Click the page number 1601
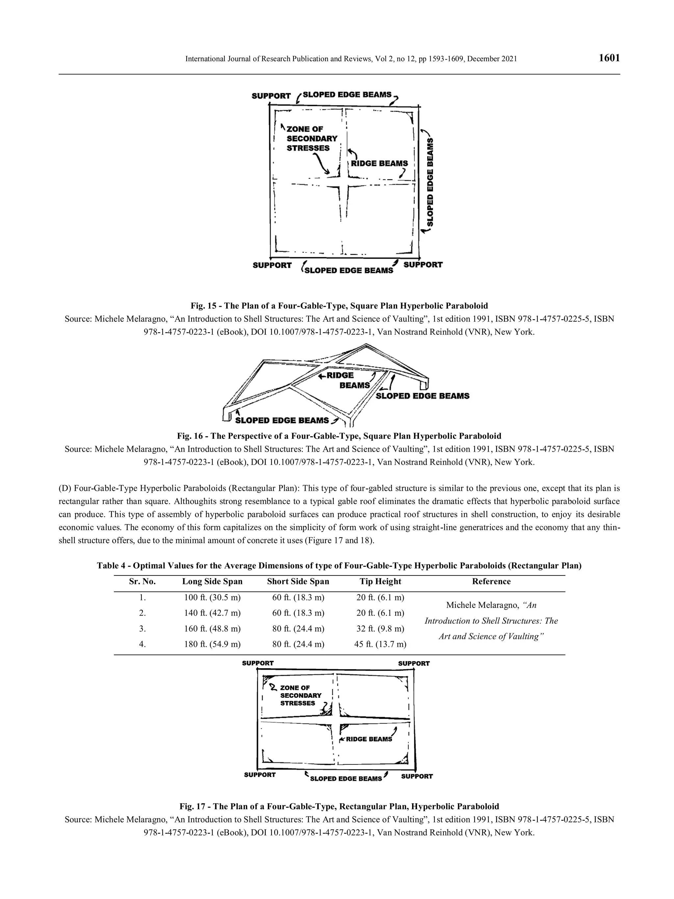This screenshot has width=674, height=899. click(x=609, y=58)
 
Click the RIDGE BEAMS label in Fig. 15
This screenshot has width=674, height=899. click(x=379, y=163)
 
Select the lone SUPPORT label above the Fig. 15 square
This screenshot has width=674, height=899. click(x=271, y=96)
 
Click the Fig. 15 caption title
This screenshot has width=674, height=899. click(x=339, y=305)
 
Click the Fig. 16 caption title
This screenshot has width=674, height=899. click(x=339, y=436)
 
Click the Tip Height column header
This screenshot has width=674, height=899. click(x=380, y=582)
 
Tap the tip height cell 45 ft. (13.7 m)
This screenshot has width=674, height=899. click(x=380, y=644)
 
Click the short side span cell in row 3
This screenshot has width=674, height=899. click(x=298, y=629)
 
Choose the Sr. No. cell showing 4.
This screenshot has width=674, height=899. click(x=142, y=644)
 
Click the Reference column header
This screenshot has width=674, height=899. click(x=491, y=582)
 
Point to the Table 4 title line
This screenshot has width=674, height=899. click(x=339, y=566)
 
